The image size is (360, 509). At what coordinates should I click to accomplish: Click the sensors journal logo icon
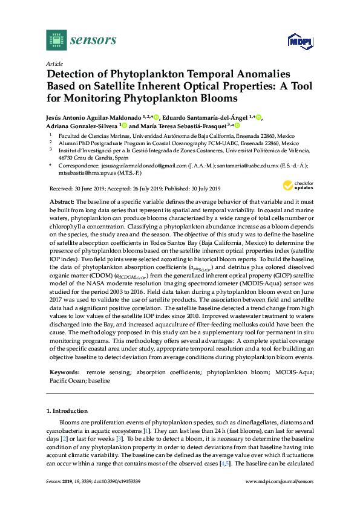(56, 40)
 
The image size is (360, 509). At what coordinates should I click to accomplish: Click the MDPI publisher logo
(302, 41)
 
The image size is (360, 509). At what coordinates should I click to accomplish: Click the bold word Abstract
(61, 201)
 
